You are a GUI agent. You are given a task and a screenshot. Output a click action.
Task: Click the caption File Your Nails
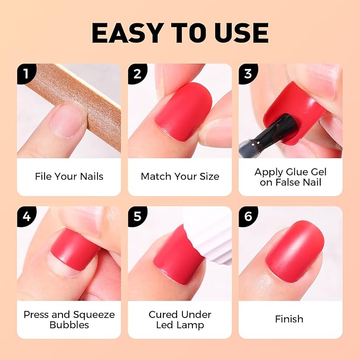[69, 177]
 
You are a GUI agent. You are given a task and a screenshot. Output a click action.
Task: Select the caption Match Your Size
[180, 177]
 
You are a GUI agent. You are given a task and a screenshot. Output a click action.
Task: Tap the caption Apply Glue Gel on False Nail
[291, 177]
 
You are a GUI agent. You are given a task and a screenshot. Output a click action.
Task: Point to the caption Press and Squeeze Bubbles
[69, 319]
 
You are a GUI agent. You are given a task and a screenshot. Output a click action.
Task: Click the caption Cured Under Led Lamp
[180, 319]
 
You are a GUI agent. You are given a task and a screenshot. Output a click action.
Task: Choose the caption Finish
[289, 319]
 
